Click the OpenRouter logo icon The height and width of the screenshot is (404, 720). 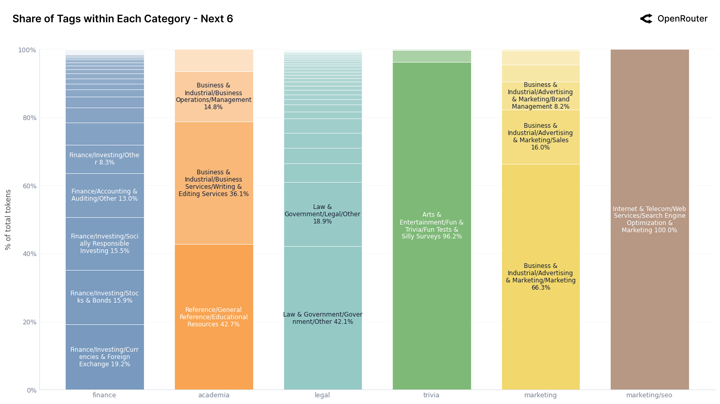click(646, 19)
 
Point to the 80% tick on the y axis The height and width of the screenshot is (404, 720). click(30, 118)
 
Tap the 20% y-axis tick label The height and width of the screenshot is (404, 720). click(30, 322)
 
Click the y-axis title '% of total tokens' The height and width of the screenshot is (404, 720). click(8, 220)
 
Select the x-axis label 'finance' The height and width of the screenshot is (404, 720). click(104, 395)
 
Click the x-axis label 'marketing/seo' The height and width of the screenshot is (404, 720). click(649, 395)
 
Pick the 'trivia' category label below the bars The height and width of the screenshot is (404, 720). click(431, 395)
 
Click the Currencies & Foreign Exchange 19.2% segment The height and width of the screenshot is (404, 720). click(105, 356)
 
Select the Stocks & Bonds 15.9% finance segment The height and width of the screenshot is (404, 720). click(105, 297)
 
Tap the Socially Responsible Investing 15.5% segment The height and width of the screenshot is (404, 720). click(105, 243)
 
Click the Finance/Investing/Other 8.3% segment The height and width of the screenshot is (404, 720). click(105, 159)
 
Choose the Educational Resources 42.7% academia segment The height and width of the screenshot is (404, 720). click(214, 317)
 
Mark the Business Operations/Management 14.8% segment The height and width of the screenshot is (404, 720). click(214, 96)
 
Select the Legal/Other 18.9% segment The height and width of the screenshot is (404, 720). click(322, 214)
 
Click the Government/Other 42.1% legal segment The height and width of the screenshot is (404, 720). click(322, 318)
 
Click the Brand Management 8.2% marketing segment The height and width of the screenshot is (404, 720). click(540, 95)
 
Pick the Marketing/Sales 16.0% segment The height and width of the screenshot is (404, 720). click(540, 136)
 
